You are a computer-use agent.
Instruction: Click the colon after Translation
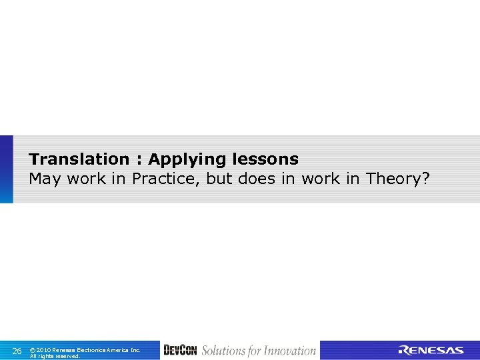coord(139,160)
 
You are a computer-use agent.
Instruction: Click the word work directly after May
coord(78,179)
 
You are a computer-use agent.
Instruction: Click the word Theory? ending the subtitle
coord(397,179)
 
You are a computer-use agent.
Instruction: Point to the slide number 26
coord(17,351)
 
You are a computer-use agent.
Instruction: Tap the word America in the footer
coord(121,349)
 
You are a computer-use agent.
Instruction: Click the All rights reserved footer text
coord(55,356)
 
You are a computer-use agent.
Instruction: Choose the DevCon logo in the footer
coord(180,351)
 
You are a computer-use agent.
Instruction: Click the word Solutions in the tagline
coord(224,351)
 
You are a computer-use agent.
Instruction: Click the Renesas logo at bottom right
coord(431,351)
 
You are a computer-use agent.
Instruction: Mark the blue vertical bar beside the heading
coord(6,169)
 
